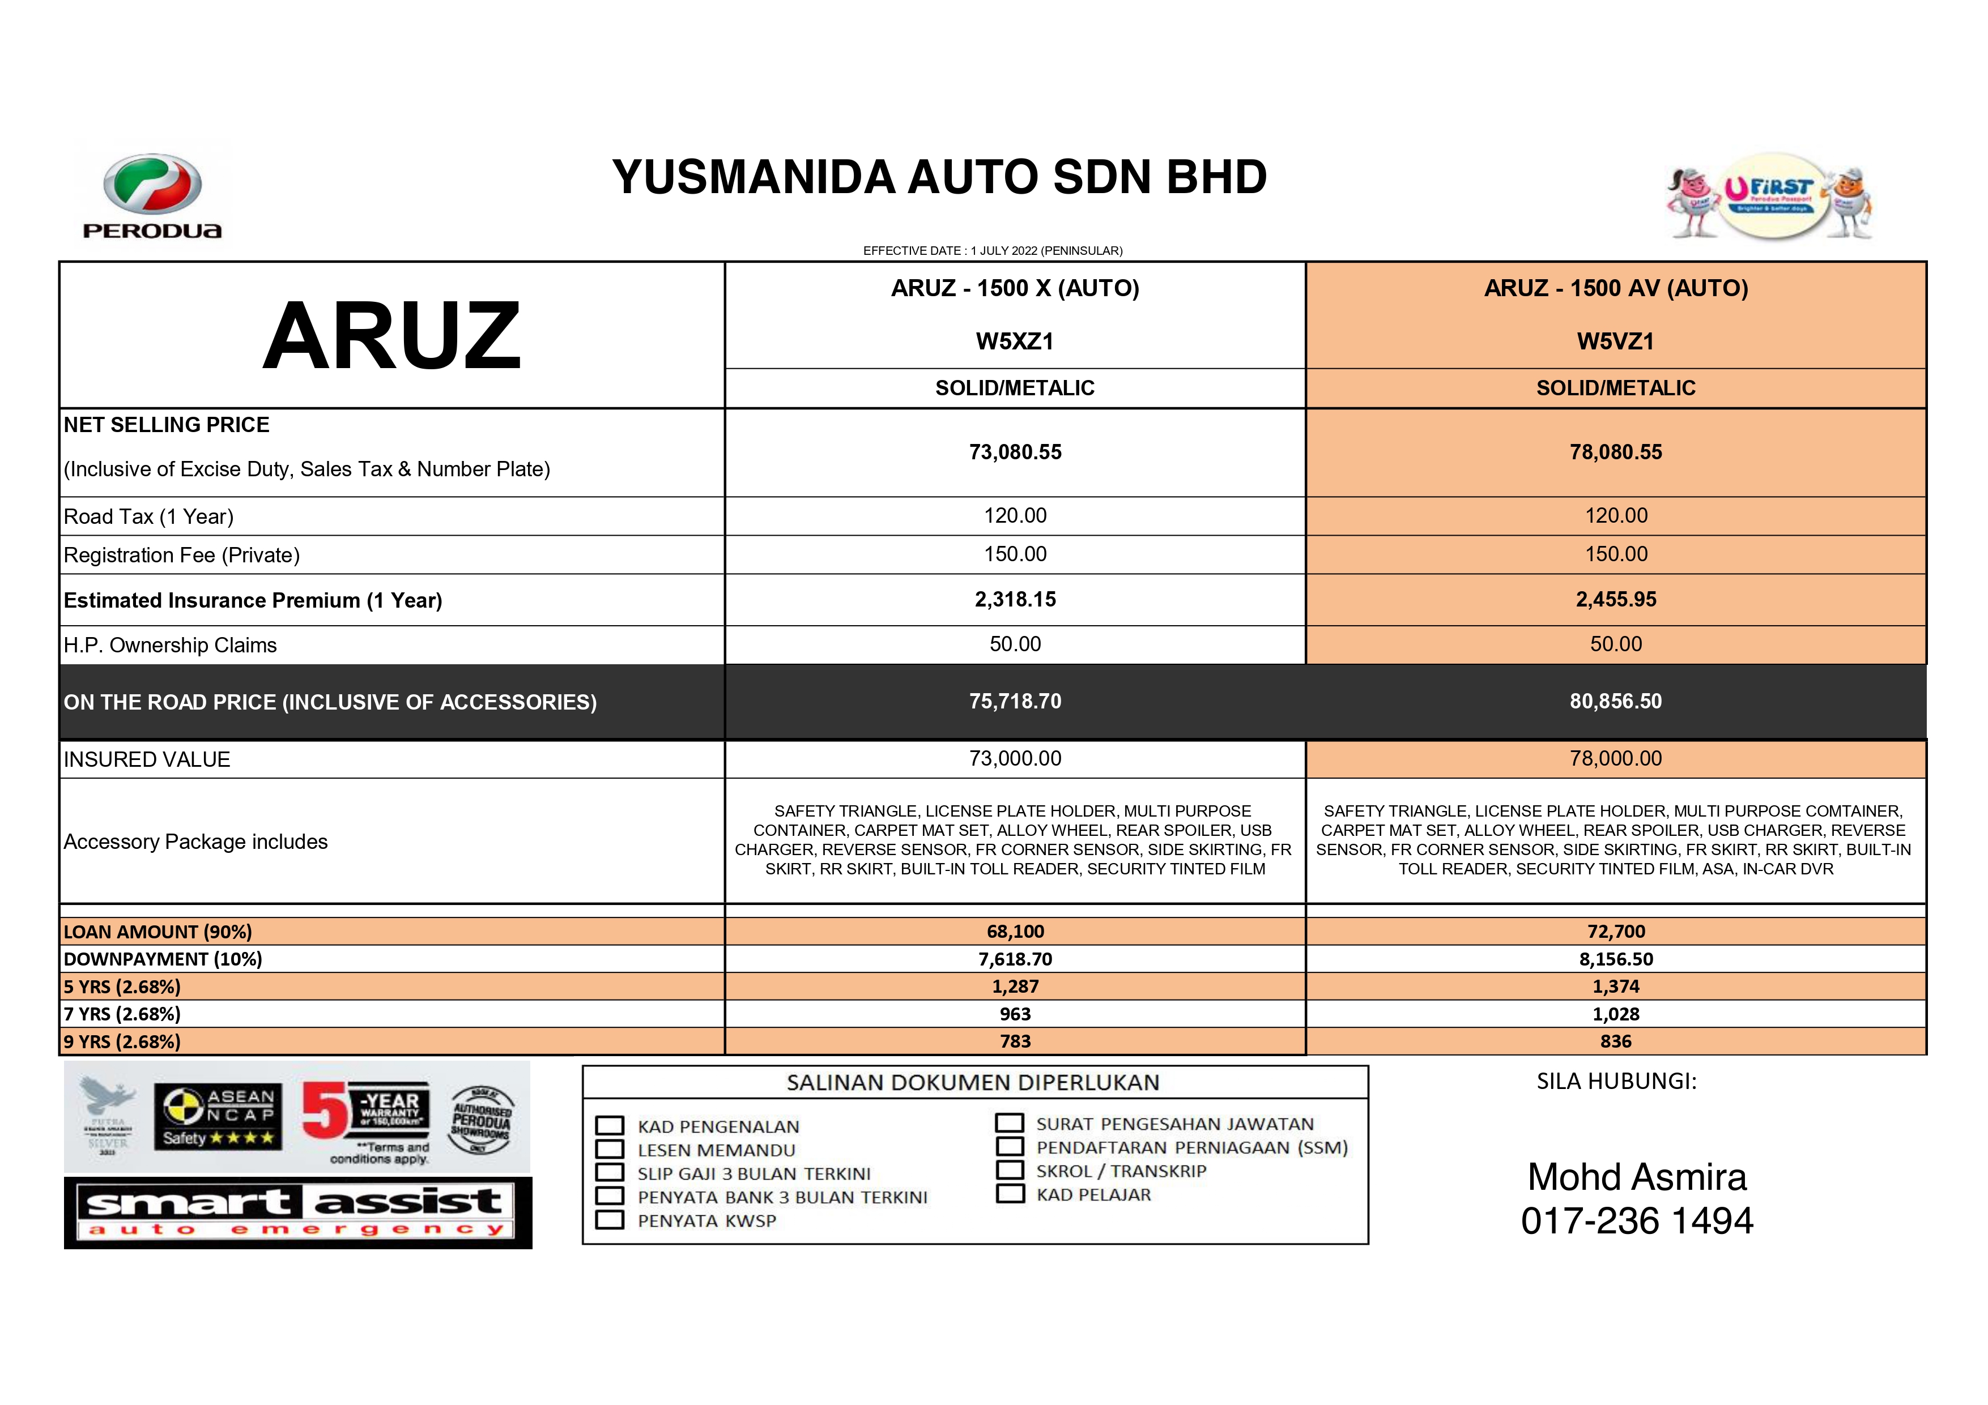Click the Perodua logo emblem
(x=152, y=185)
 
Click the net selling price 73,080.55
(x=1015, y=452)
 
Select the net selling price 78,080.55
(x=1616, y=452)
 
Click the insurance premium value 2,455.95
(x=1616, y=600)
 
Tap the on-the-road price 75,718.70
(x=1015, y=701)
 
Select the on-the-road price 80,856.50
(x=1616, y=701)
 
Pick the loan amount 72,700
(x=1616, y=932)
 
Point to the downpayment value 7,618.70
(x=1015, y=959)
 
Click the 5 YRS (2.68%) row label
(x=122, y=987)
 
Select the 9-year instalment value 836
(x=1616, y=1041)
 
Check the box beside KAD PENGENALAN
(x=610, y=1125)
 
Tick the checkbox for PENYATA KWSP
(x=610, y=1220)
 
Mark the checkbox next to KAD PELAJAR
(x=1010, y=1194)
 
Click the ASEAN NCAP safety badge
(x=219, y=1117)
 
